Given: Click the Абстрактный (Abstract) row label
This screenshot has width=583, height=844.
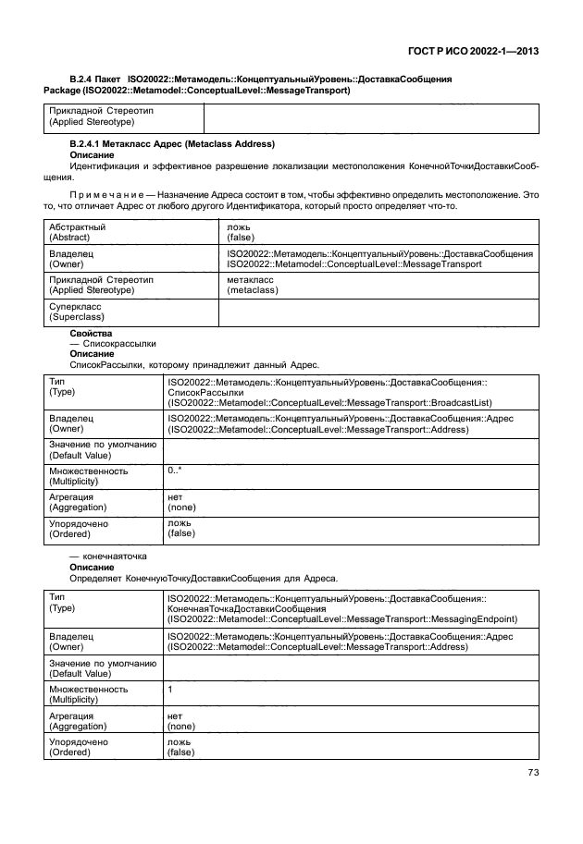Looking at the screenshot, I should click(x=79, y=231).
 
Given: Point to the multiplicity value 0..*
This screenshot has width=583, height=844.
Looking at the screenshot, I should click(x=175, y=471).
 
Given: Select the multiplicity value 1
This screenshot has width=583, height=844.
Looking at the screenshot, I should click(x=170, y=690).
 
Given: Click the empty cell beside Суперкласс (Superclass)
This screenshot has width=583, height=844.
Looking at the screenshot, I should click(x=378, y=312).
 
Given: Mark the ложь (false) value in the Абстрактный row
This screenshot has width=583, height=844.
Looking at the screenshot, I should click(x=242, y=231).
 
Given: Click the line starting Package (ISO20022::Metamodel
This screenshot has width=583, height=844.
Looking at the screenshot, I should click(x=196, y=91).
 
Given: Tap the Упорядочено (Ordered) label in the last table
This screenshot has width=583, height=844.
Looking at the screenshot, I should click(x=79, y=747).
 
